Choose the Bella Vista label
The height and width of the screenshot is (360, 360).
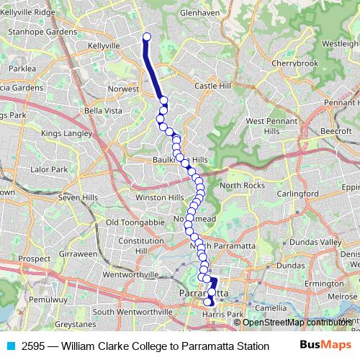pos(103,111)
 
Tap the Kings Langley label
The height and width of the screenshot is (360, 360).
pos(67,133)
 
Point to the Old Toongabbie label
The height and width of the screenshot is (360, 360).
pos(135,222)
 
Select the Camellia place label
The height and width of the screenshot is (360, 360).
pos(271,307)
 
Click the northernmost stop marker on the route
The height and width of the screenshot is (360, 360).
pos(147,37)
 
